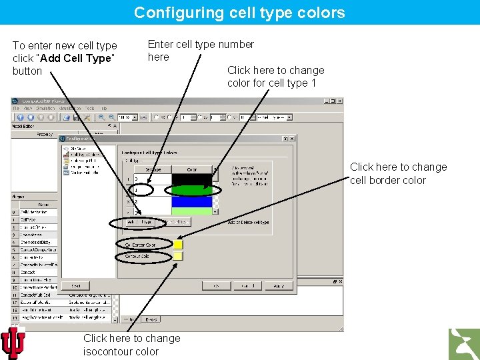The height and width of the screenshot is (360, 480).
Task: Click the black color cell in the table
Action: coord(191,179)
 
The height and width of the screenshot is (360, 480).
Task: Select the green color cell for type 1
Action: coord(191,190)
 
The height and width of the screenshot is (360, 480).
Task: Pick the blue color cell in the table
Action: coord(191,201)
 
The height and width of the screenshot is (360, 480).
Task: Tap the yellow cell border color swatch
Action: coord(178,245)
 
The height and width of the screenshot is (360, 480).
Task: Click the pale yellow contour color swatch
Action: coord(178,256)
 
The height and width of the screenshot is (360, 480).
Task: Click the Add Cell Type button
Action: coord(139,222)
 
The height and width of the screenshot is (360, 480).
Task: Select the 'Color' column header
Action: coord(191,169)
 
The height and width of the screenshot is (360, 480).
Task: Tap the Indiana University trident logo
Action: coord(13,343)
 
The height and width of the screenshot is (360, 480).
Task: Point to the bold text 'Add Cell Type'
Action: coord(80,58)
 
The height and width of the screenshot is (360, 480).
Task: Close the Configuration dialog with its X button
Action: coord(291,139)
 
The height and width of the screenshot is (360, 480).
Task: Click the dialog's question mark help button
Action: coord(285,139)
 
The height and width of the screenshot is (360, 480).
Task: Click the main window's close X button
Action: coord(341,101)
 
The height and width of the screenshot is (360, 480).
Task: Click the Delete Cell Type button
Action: coord(175,222)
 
